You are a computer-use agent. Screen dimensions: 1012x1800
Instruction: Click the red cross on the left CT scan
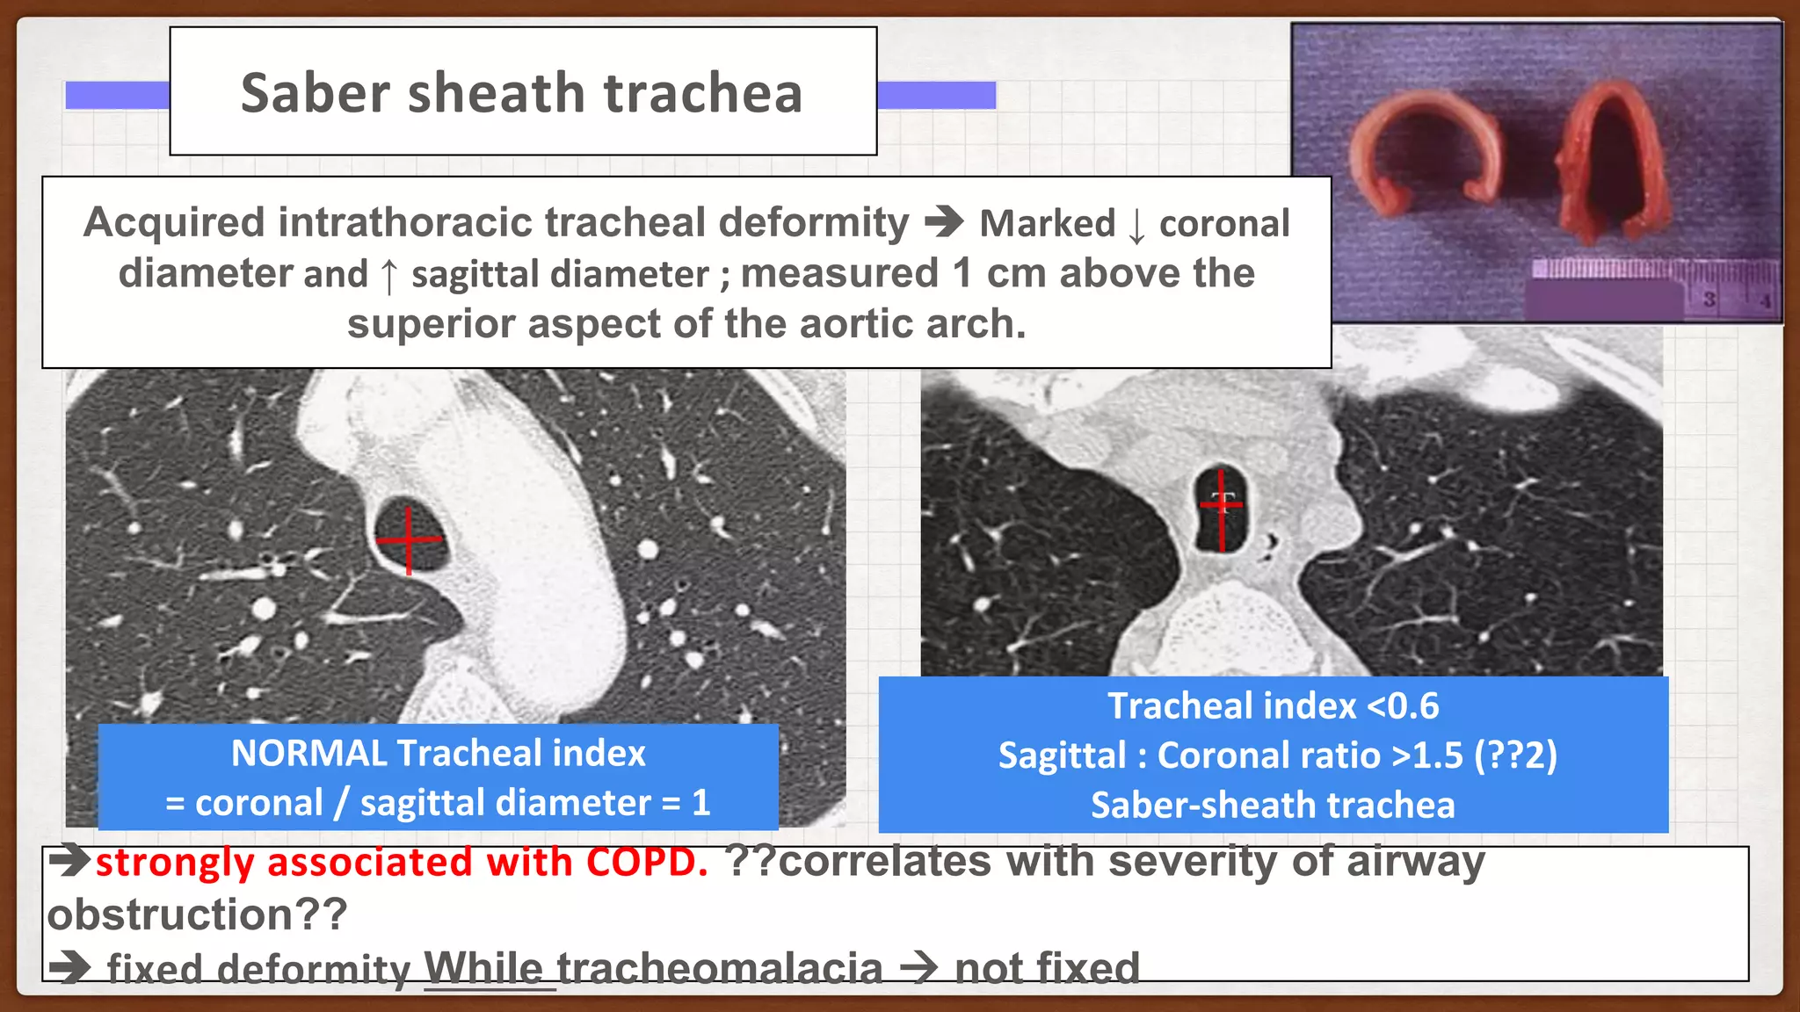pos(409,539)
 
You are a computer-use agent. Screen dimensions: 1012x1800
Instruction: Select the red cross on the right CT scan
pos(1222,508)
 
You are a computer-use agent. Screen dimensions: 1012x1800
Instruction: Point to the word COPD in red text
pos(647,863)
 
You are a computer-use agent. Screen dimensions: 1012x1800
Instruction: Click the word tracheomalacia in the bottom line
pos(720,969)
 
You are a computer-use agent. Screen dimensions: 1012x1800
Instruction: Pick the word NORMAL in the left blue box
pos(308,754)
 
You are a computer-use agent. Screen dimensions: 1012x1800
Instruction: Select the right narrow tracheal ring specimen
pos(1611,163)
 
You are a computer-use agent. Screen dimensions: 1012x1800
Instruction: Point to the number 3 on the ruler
pos(1709,299)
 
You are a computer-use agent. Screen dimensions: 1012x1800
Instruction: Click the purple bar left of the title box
pos(118,95)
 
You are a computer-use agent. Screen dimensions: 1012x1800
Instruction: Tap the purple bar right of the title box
pos(936,95)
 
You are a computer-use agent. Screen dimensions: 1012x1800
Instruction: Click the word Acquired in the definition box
pos(174,222)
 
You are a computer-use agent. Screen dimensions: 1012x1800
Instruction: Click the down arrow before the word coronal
pos(1136,226)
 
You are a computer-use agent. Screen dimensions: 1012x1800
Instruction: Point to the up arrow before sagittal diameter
pos(389,276)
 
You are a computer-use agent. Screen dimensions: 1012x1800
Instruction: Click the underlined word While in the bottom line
pos(483,969)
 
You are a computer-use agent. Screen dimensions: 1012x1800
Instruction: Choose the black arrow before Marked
pos(945,221)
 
